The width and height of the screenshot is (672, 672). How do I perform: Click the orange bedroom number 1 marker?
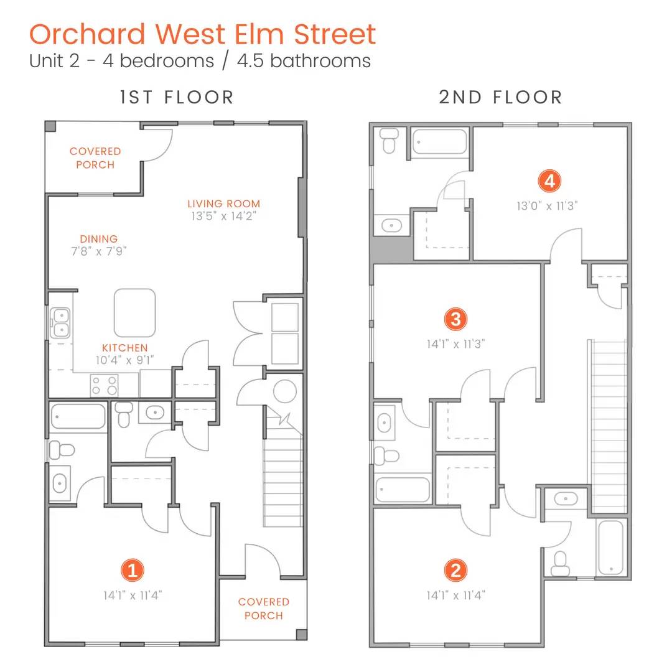click(x=133, y=571)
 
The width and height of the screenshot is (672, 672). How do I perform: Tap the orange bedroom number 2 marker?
click(x=455, y=571)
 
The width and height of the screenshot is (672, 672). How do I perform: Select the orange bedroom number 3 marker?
click(x=455, y=319)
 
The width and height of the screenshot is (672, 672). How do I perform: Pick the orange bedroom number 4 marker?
click(x=549, y=181)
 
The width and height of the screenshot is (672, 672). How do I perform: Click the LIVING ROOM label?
click(x=224, y=203)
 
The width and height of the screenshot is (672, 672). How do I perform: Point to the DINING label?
click(x=98, y=239)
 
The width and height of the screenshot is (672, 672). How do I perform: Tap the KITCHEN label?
click(x=124, y=348)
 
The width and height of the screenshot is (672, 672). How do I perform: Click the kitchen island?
click(x=134, y=313)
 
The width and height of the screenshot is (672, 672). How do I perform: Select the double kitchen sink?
click(x=60, y=323)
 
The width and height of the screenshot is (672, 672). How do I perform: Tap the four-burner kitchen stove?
click(x=104, y=385)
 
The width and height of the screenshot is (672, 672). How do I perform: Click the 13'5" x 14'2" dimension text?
click(x=224, y=216)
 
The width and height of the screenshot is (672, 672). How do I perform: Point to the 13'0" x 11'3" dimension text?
click(x=547, y=206)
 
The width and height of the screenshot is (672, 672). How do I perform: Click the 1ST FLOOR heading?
click(x=177, y=97)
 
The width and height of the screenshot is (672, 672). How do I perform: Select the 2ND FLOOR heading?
click(x=500, y=97)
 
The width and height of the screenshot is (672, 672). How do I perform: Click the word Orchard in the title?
click(x=88, y=34)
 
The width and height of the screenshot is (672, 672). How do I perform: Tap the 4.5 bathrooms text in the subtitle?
click(x=304, y=61)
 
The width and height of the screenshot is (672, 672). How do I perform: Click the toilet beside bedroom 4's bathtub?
click(x=389, y=140)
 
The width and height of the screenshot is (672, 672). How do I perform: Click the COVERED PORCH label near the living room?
click(x=95, y=157)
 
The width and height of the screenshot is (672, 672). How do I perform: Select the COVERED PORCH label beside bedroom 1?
click(x=264, y=609)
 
